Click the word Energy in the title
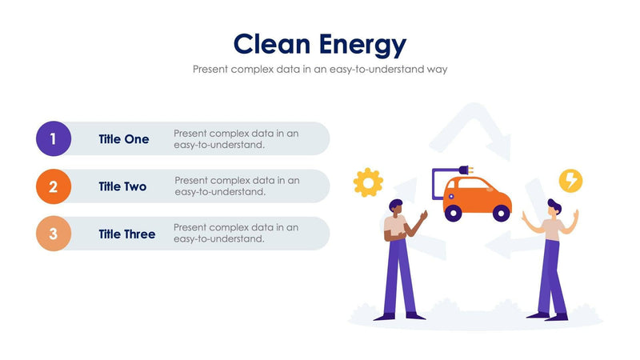coord(362,44)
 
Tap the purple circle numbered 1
coord(54,138)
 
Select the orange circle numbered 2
coord(54,186)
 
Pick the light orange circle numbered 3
coord(54,234)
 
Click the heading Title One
coord(124,139)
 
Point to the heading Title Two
coord(122,186)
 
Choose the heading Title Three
coord(127,234)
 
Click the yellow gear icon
coord(368,182)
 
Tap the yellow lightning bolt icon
coord(570,181)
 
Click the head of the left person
coord(396,208)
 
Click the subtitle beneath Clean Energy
coord(320,69)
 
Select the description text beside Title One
coord(236,139)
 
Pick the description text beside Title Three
coord(236,233)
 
